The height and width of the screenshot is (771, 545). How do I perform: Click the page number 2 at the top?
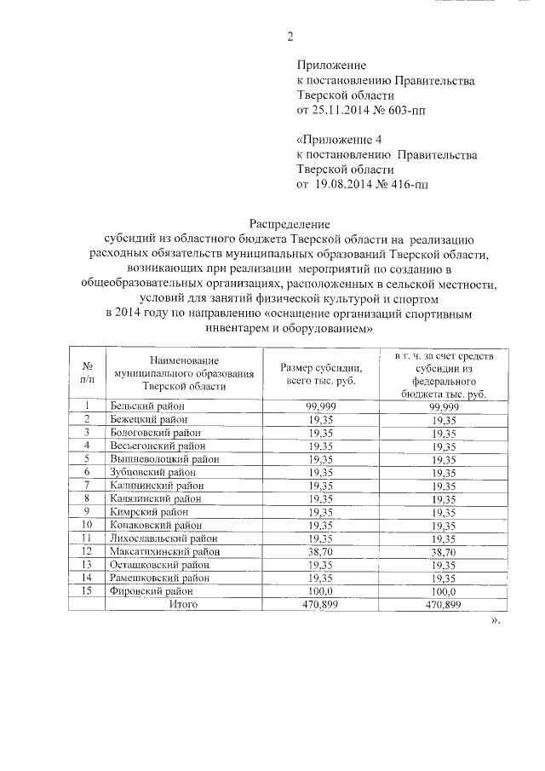pos(290,37)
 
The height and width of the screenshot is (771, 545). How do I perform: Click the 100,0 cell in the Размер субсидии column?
pos(321,590)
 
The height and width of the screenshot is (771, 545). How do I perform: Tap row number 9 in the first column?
pos(87,511)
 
